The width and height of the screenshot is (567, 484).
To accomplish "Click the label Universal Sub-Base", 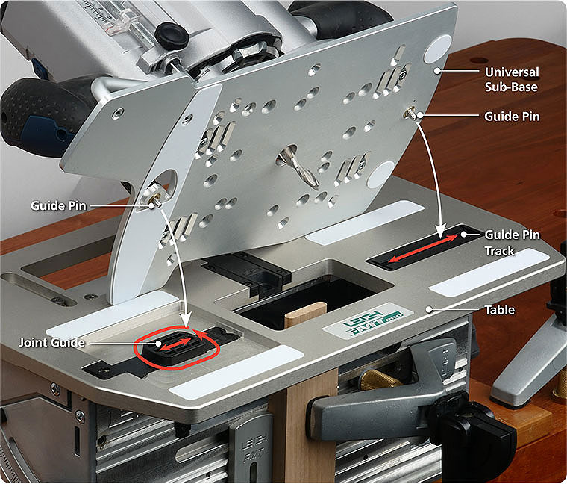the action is (x=512, y=79).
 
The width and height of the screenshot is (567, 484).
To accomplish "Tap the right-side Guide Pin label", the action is (x=512, y=117).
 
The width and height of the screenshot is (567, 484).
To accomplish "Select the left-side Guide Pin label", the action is (x=59, y=205).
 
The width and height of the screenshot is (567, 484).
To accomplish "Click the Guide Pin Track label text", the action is (x=512, y=243).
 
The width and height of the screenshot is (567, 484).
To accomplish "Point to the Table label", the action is (x=499, y=310).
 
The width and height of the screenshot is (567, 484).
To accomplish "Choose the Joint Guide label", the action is (x=52, y=342).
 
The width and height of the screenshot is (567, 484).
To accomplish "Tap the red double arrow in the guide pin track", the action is (x=423, y=249).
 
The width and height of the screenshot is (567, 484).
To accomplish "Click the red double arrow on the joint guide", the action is (x=175, y=344).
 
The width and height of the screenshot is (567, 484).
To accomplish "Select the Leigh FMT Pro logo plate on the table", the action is (x=368, y=320).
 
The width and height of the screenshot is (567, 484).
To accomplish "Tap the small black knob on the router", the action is (x=172, y=35).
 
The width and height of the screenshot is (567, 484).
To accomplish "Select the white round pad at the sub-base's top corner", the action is (x=438, y=48).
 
